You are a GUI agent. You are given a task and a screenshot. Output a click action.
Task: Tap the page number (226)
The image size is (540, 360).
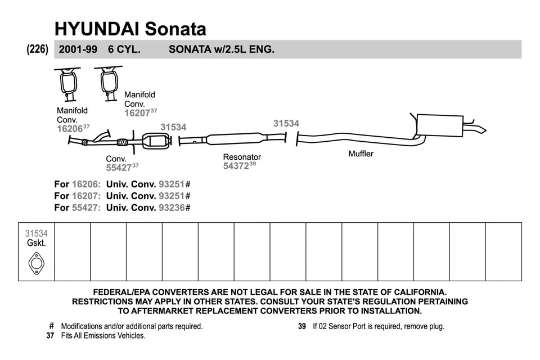coord(38,49)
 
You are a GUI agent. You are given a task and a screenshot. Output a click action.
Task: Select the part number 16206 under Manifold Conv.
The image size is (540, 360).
coord(70,129)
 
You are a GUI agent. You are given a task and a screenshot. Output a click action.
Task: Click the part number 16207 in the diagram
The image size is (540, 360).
coord(137,112)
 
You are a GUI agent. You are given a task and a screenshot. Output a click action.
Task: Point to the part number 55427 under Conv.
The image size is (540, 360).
coord(119,168)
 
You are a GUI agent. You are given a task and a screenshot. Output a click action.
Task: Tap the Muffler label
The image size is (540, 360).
coord(361,154)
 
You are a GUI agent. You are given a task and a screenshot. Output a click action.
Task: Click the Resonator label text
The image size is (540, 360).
coord(242,157)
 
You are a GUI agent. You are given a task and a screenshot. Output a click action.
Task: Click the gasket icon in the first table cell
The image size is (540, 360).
coord(36,263)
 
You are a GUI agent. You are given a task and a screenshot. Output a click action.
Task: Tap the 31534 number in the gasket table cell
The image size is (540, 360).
coord(36,233)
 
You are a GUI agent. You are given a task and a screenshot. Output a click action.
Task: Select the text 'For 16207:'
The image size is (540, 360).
coord(78,196)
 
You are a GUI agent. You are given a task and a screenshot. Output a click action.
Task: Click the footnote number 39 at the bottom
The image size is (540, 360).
coord(301,326)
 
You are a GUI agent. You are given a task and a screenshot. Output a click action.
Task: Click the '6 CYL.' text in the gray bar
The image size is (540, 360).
coord(124,49)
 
